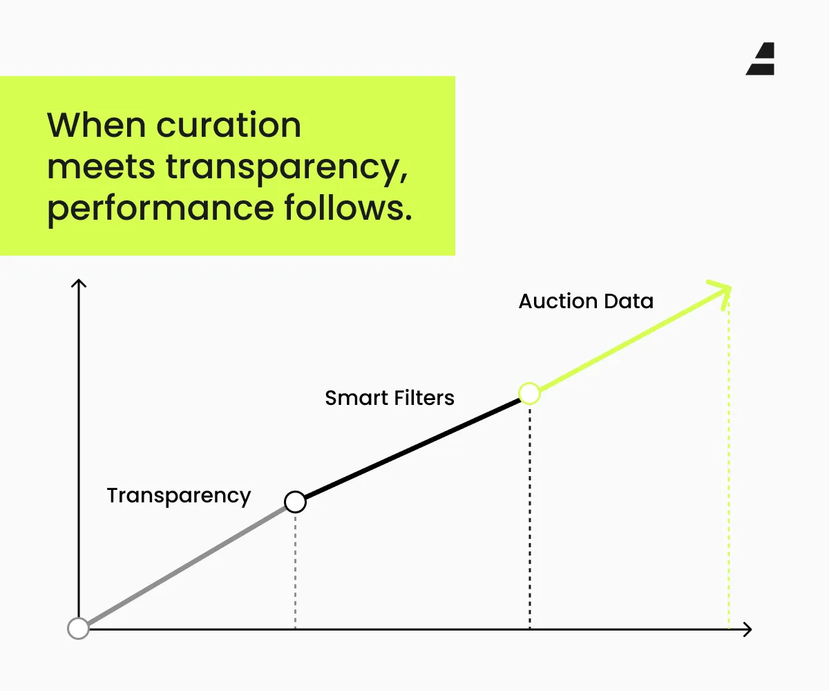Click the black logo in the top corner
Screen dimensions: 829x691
click(761, 59)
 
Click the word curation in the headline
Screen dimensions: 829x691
click(229, 125)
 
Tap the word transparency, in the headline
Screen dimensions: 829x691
click(287, 169)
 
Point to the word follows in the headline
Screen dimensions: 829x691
click(348, 207)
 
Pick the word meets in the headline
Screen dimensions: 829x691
click(101, 167)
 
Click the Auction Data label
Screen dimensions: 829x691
click(586, 301)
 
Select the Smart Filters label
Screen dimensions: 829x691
click(390, 397)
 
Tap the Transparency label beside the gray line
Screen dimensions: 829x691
click(179, 496)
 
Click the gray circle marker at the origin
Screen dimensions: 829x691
click(78, 628)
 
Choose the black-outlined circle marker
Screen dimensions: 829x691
click(295, 502)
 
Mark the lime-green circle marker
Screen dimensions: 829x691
click(529, 394)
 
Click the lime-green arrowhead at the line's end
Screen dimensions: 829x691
click(723, 293)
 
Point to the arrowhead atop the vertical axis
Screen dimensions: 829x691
click(79, 283)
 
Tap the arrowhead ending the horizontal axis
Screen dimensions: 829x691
click(747, 630)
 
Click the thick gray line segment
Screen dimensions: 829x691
click(187, 565)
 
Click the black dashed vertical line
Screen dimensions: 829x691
click(530, 517)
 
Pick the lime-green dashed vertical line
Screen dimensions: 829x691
click(729, 464)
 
